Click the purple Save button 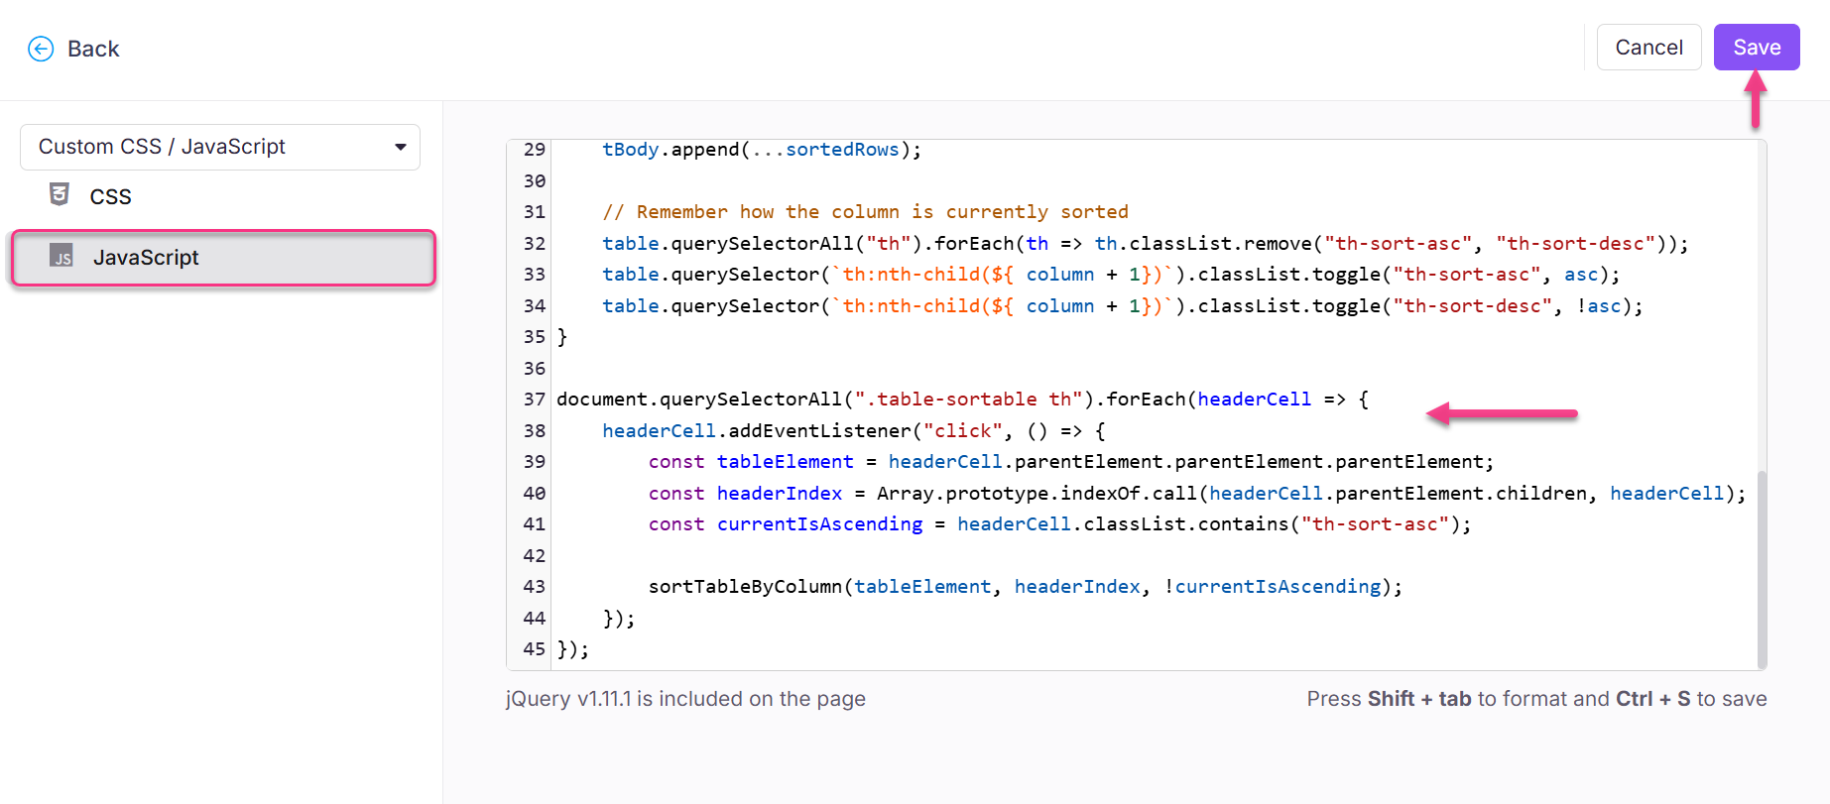coord(1756,48)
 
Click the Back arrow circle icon coord(41,49)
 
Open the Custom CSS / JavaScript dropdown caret coord(401,147)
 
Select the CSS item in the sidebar coord(110,196)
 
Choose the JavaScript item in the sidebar coord(146,258)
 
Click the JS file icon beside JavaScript coord(61,256)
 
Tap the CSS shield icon coord(60,194)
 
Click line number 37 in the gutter coord(535,400)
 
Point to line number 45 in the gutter coord(535,649)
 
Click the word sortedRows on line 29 coord(842,150)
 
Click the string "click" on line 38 coord(962,431)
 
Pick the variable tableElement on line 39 coord(785,462)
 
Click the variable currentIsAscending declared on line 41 coord(819,524)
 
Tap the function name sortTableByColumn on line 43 coord(745,587)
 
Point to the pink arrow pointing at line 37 coord(1502,413)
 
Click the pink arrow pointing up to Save coord(1756,100)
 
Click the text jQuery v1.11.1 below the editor coord(568,699)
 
